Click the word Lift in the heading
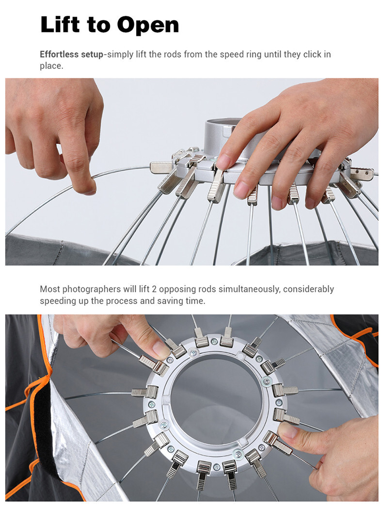point(60,24)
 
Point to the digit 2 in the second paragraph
point(154,289)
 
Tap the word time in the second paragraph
point(195,301)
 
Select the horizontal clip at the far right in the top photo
point(361,174)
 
